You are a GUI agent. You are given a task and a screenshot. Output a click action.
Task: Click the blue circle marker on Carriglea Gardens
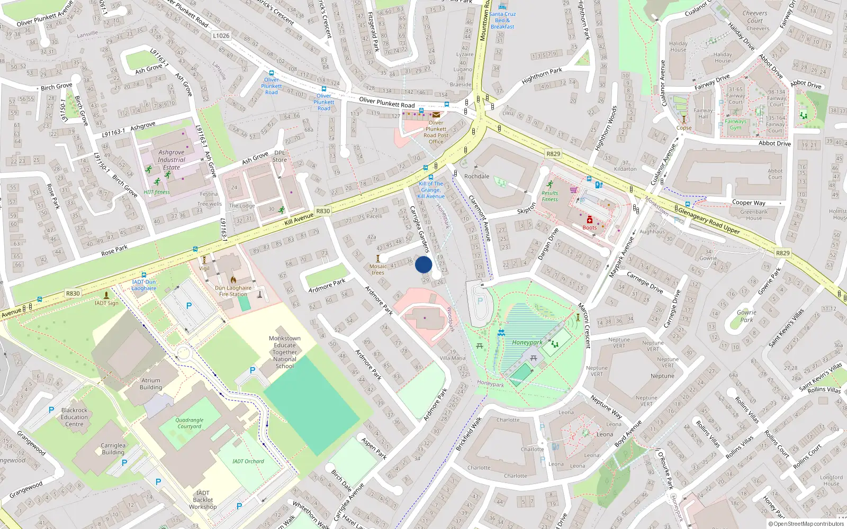[424, 264]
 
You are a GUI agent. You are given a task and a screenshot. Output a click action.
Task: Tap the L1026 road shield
[221, 35]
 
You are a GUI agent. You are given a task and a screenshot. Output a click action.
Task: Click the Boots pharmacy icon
[589, 220]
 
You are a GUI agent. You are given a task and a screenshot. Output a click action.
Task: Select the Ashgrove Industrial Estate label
[171, 159]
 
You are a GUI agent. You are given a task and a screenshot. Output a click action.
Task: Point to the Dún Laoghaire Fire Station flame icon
[233, 280]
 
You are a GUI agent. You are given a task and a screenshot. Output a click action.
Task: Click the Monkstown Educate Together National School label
[285, 352]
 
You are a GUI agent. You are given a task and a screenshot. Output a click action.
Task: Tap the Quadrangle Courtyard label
[190, 423]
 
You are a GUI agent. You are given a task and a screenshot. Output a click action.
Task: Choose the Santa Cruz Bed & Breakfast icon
[502, 6]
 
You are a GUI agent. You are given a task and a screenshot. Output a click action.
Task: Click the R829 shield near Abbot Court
[553, 153]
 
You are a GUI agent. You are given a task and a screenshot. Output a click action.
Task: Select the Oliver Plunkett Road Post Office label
[436, 132]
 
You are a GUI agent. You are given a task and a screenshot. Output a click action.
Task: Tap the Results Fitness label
[549, 196]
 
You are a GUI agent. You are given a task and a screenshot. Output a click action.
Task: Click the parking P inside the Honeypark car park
[480, 301]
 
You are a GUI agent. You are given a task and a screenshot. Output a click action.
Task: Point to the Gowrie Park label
[746, 316]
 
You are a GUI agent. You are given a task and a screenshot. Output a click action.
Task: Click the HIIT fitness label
[157, 192]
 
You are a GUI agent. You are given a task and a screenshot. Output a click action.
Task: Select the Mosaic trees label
[378, 269]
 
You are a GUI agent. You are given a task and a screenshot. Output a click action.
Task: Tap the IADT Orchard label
[248, 461]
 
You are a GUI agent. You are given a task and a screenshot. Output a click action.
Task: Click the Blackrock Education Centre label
[74, 417]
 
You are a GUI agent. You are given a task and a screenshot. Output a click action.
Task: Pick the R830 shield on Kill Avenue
[323, 211]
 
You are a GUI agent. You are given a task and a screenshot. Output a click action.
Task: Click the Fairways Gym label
[736, 124]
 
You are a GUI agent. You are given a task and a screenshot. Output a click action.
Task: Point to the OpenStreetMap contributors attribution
[806, 524]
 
